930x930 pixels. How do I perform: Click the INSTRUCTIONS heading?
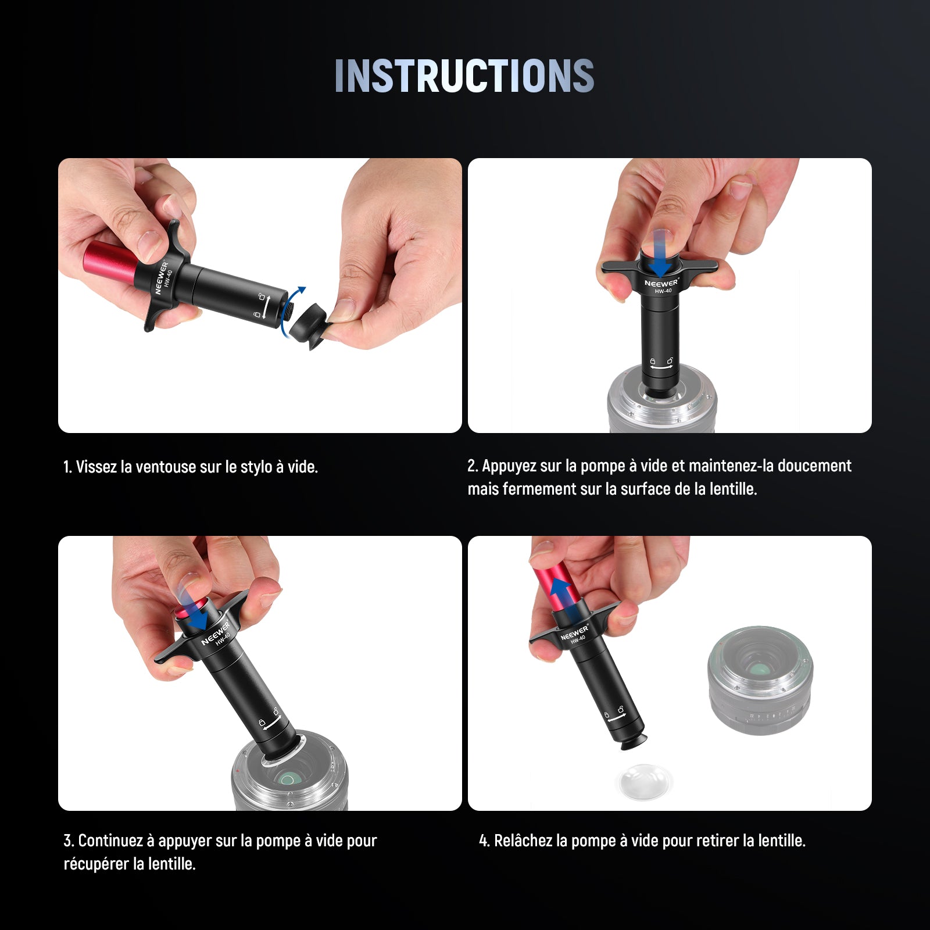[464, 76]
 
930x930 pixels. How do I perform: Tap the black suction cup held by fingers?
[308, 326]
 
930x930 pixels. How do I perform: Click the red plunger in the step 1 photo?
[112, 260]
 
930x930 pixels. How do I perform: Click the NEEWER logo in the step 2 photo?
[661, 283]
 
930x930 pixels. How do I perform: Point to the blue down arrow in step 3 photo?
[194, 608]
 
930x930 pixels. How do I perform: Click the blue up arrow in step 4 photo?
[560, 591]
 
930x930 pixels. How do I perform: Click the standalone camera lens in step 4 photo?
[759, 681]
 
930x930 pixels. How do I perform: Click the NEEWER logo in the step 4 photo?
[574, 633]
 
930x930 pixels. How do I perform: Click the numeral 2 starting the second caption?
[471, 466]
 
